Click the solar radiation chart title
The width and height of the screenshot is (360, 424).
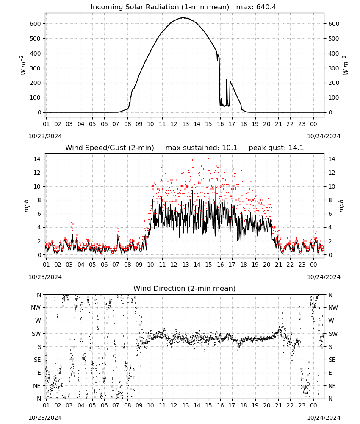(x=160, y=7)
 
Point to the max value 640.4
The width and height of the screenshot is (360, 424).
(x=266, y=7)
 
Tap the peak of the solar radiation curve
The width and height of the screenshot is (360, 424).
(x=183, y=17)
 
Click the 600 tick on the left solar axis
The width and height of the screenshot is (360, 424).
(x=36, y=24)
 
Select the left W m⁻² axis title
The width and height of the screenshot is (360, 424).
(x=23, y=65)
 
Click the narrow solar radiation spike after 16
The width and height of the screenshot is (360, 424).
(x=227, y=80)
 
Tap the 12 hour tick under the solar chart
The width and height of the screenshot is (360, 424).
(x=174, y=124)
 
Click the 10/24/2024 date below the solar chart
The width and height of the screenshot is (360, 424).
(x=324, y=136)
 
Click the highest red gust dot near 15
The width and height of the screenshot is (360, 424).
(x=208, y=159)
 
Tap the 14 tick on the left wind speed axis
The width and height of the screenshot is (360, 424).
(x=37, y=159)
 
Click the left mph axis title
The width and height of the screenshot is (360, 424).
(x=26, y=206)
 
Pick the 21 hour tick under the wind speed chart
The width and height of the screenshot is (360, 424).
(x=278, y=265)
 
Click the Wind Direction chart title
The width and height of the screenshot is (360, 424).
(x=185, y=288)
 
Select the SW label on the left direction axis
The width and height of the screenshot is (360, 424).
(x=36, y=334)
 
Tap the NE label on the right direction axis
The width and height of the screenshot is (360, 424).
(x=332, y=386)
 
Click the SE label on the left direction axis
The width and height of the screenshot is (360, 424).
(x=37, y=360)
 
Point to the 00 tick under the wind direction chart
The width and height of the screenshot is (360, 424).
(x=313, y=405)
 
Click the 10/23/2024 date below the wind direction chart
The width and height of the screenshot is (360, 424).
(x=45, y=418)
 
